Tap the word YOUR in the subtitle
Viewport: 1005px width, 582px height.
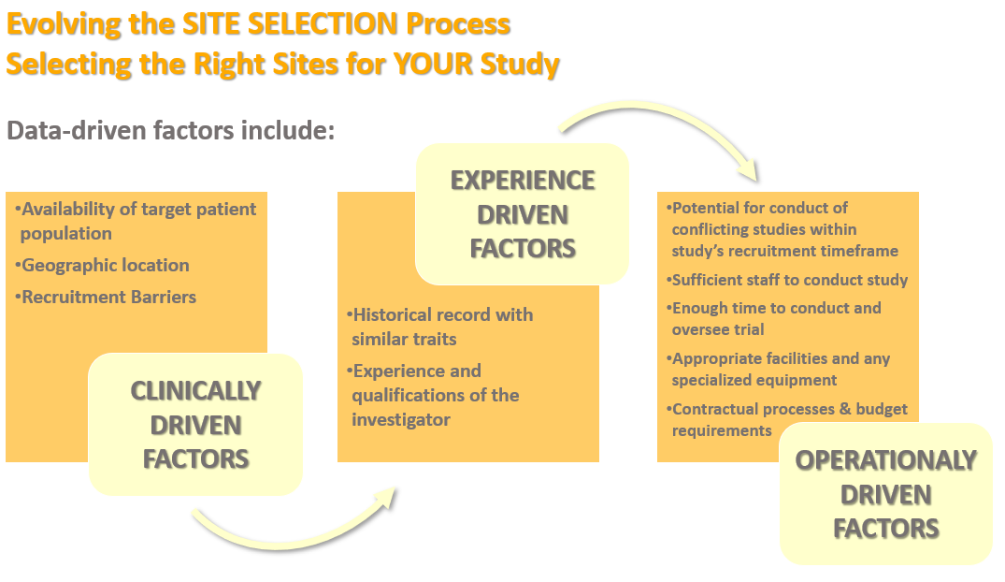(x=433, y=65)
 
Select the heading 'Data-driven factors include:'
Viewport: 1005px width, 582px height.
(x=170, y=130)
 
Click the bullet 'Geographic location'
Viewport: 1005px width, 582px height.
(x=103, y=265)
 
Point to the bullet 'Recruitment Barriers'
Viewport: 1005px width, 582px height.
(x=106, y=298)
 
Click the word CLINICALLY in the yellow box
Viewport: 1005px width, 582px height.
(x=195, y=391)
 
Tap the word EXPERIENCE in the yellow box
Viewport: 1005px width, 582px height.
(x=523, y=181)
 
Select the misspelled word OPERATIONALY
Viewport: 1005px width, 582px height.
(x=885, y=460)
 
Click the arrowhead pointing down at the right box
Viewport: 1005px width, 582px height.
(x=749, y=170)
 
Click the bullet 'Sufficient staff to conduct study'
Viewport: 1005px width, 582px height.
(x=787, y=280)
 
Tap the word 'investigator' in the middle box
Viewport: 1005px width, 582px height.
(x=400, y=419)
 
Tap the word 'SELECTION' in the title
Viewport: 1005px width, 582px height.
(x=323, y=24)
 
